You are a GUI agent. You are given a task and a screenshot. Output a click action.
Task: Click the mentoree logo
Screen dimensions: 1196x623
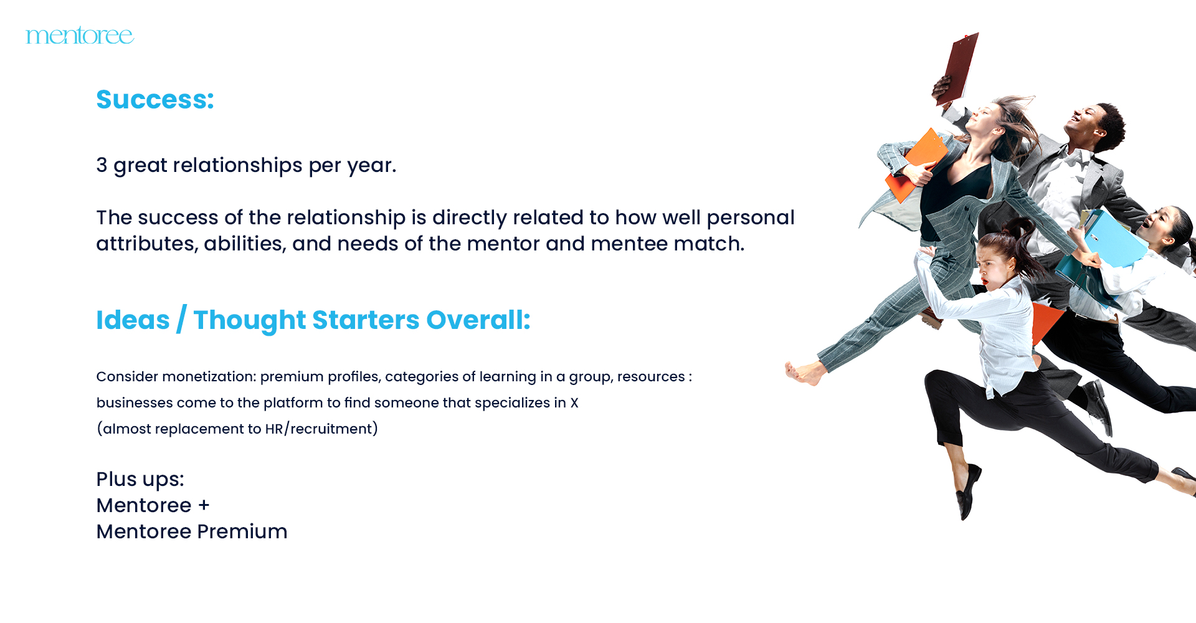point(80,36)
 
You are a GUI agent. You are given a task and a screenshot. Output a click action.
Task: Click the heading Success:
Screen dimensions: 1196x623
point(155,100)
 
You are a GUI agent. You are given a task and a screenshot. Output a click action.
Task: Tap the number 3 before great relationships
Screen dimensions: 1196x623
point(102,165)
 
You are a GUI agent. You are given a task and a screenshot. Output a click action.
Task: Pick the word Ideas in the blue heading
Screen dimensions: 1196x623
point(133,320)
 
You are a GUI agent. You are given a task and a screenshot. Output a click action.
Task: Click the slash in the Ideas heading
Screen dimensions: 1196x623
point(181,320)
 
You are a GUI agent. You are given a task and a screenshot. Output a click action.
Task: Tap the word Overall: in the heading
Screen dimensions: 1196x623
point(478,320)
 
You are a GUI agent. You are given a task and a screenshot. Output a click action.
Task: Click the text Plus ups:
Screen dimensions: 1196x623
point(140,480)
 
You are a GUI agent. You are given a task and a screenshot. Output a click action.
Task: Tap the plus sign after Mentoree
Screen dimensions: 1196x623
point(204,505)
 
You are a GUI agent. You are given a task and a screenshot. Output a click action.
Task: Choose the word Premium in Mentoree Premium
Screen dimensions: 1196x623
point(242,531)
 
